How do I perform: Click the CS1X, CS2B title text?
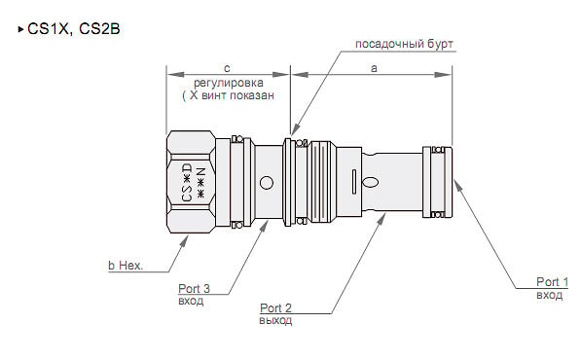74,29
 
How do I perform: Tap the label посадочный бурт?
404,44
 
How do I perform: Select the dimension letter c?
227,68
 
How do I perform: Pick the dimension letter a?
374,68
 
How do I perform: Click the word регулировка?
229,83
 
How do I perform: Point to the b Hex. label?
126,266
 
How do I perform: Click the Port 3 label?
195,288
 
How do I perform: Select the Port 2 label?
276,307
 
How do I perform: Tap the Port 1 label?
552,282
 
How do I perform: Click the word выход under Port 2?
275,320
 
